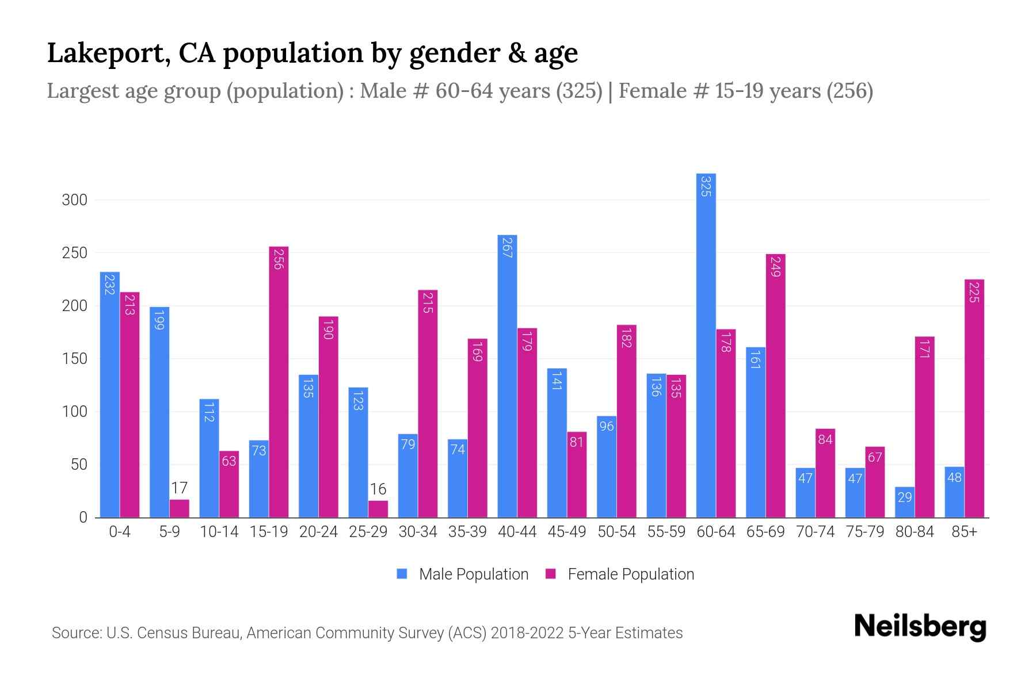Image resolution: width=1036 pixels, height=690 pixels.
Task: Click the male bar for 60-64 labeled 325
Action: point(706,345)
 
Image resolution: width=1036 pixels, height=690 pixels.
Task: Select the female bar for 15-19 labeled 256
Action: point(279,382)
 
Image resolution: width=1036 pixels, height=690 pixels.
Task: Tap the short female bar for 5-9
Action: point(179,508)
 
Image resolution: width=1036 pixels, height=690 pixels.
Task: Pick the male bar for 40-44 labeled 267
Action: point(507,376)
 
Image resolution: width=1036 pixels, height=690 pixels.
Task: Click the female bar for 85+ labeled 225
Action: point(974,398)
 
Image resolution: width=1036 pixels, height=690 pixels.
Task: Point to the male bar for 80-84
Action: point(905,502)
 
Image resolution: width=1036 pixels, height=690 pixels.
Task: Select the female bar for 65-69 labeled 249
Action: point(775,385)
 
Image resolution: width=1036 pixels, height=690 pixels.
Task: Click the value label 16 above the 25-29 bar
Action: point(378,489)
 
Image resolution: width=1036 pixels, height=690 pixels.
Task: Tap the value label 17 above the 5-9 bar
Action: point(179,488)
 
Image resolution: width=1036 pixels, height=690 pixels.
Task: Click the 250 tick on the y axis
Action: point(74,253)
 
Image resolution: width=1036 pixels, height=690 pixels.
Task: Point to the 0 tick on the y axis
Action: point(83,517)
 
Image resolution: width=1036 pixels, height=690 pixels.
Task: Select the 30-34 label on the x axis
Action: point(418,532)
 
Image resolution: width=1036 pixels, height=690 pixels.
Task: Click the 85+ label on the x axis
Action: point(964,532)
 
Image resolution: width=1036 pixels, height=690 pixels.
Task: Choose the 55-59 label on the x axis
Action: point(666,532)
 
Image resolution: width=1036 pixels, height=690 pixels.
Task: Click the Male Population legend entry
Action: point(473,574)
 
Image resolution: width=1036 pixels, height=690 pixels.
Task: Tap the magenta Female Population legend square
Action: point(551,574)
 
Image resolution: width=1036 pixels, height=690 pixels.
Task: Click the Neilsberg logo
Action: point(920,627)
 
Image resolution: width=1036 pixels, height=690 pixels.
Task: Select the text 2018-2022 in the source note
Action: point(527,633)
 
